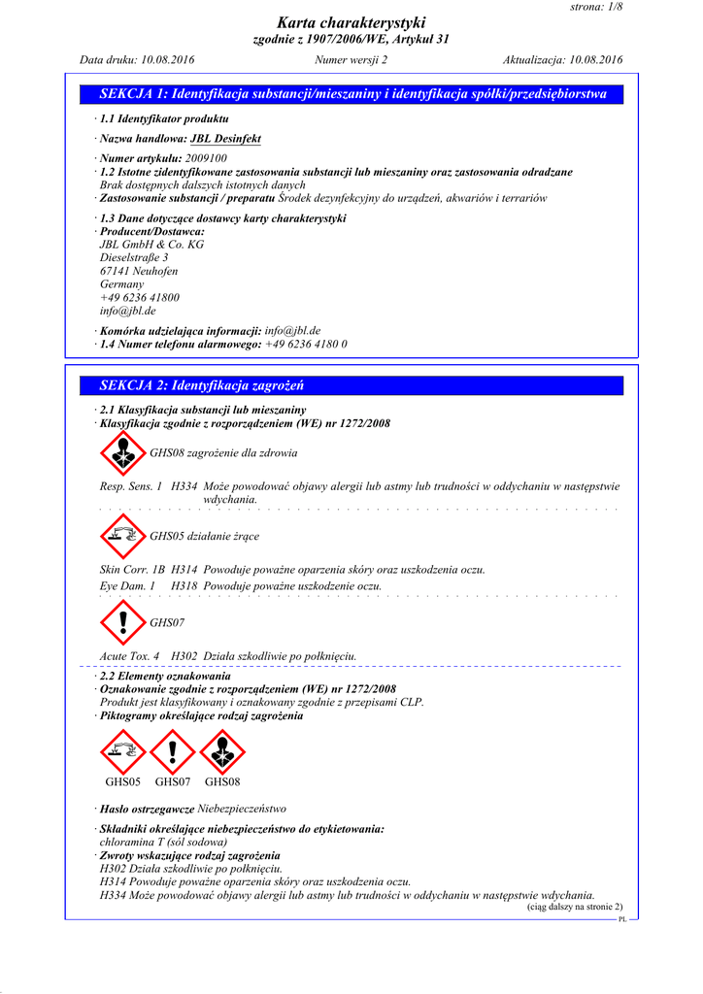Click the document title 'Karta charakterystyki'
[x=351, y=22]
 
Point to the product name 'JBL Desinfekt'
[x=225, y=139]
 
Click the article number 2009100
[x=206, y=158]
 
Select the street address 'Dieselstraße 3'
[x=134, y=258]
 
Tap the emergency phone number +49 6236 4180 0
[x=306, y=345]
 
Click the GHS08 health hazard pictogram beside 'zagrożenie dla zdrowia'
[x=123, y=452]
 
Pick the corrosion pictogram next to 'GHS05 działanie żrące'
[x=123, y=535]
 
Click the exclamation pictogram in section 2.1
[x=123, y=621]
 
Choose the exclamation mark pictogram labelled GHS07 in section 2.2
[x=173, y=751]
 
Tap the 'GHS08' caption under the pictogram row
[x=222, y=781]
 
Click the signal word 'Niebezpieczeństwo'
[x=242, y=809]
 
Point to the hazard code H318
[x=184, y=586]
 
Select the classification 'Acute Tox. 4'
[x=130, y=656]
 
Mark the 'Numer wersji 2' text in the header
[x=351, y=60]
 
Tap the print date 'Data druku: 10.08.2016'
[x=137, y=60]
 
